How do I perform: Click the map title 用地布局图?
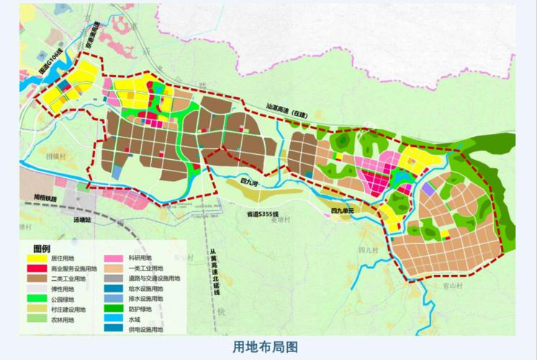coord(266,346)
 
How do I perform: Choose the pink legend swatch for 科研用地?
coord(113,258)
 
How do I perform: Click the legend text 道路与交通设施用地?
coord(155,278)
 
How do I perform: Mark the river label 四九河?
coord(251,184)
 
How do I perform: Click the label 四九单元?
coord(343,211)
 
